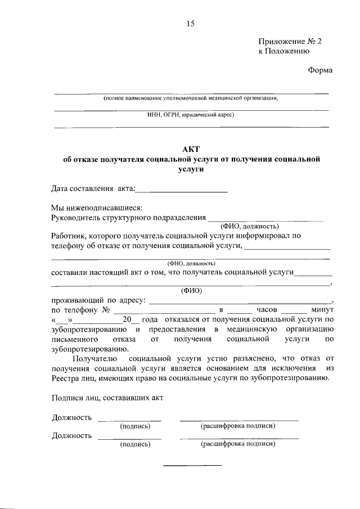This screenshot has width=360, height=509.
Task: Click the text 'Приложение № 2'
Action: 290,42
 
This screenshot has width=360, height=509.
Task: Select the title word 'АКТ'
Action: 191,149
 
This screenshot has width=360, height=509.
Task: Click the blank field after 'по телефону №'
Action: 164,311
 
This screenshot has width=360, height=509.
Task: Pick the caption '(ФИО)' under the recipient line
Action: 191,291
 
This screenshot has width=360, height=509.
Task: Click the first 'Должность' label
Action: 71,417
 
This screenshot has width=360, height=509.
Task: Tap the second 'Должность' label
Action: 71,435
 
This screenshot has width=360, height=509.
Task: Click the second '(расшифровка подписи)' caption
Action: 238,444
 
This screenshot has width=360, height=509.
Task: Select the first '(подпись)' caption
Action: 135,426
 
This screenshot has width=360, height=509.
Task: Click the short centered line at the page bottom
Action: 192,465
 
